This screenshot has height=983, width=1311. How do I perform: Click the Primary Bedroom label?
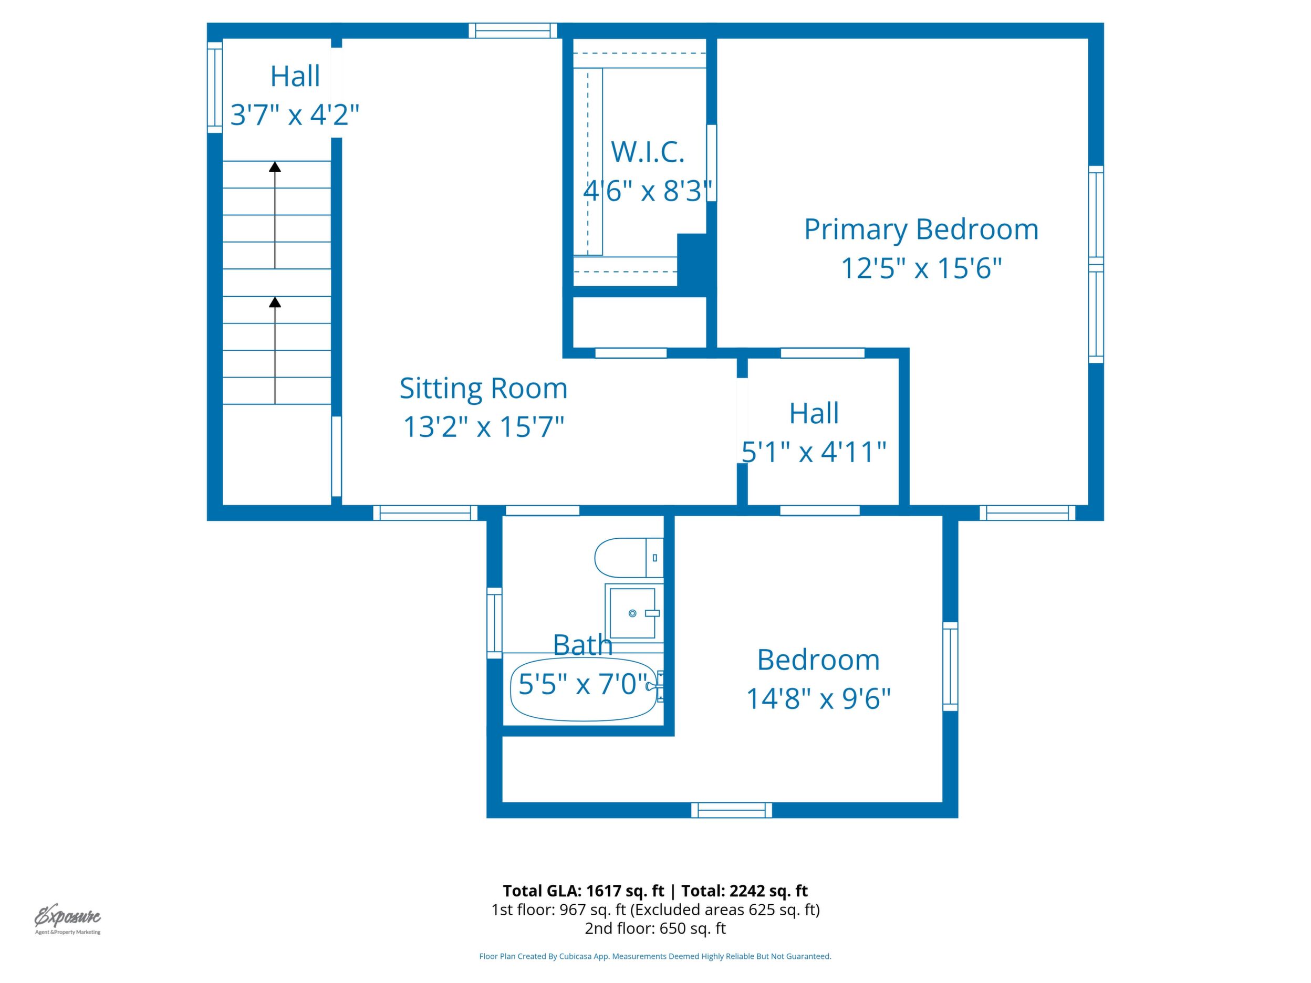click(x=921, y=230)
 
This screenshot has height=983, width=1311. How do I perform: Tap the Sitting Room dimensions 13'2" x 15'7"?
click(x=484, y=426)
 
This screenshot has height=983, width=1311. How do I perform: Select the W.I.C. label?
click(x=648, y=152)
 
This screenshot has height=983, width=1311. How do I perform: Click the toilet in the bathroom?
click(x=629, y=558)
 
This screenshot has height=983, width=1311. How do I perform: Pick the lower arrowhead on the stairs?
click(x=275, y=302)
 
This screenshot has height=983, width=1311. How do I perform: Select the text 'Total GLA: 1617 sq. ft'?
click(x=583, y=891)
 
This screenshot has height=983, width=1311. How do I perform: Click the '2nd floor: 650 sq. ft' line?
click(x=655, y=928)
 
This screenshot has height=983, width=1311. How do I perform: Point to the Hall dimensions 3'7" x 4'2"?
click(x=295, y=114)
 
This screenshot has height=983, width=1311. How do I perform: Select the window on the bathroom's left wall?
click(x=494, y=623)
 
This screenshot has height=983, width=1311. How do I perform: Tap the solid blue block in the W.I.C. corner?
click(x=692, y=260)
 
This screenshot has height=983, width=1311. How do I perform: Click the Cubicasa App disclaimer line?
click(x=655, y=956)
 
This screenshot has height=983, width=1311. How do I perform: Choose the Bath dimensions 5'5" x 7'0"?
click(x=583, y=684)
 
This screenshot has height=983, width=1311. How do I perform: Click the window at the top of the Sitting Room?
click(x=513, y=30)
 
